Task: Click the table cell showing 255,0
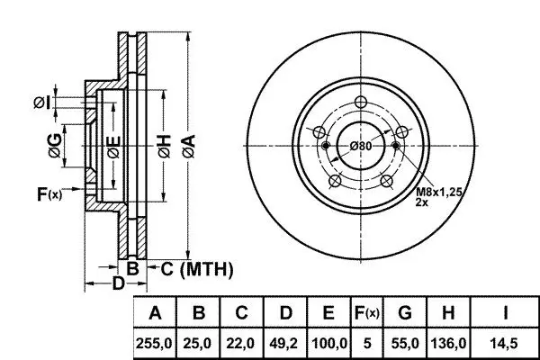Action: (156, 343)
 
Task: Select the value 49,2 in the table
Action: (285, 343)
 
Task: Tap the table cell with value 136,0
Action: (447, 343)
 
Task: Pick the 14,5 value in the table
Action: (505, 343)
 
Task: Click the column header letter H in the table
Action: (447, 313)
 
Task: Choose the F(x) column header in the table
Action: (367, 313)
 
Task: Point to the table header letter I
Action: (505, 313)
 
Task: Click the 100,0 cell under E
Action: (328, 343)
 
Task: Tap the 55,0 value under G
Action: (404, 343)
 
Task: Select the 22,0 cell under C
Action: (242, 343)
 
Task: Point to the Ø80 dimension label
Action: (361, 146)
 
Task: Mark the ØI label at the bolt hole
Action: (41, 103)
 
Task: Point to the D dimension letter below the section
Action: (118, 285)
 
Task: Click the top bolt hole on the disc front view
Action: (361, 102)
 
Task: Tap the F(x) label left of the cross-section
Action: (49, 193)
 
